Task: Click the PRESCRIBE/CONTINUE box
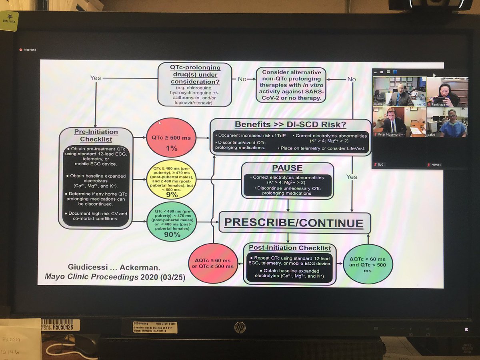point(295,223)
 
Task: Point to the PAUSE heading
point(287,168)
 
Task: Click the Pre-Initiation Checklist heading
point(96,135)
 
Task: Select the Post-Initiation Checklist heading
point(290,248)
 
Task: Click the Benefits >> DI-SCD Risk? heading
point(290,124)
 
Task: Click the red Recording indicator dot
point(20,50)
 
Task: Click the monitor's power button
point(466,330)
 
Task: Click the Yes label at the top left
point(96,78)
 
